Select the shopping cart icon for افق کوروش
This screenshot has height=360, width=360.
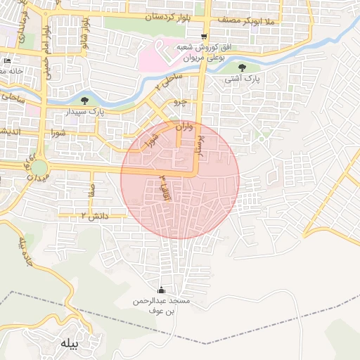204,37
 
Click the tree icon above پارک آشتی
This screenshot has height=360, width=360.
243,68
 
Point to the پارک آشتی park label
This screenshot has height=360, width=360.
243,79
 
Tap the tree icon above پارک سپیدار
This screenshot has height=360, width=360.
85,101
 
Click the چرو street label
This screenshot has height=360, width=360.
180,102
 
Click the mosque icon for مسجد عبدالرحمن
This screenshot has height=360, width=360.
161,290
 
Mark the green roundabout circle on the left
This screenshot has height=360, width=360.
39,168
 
